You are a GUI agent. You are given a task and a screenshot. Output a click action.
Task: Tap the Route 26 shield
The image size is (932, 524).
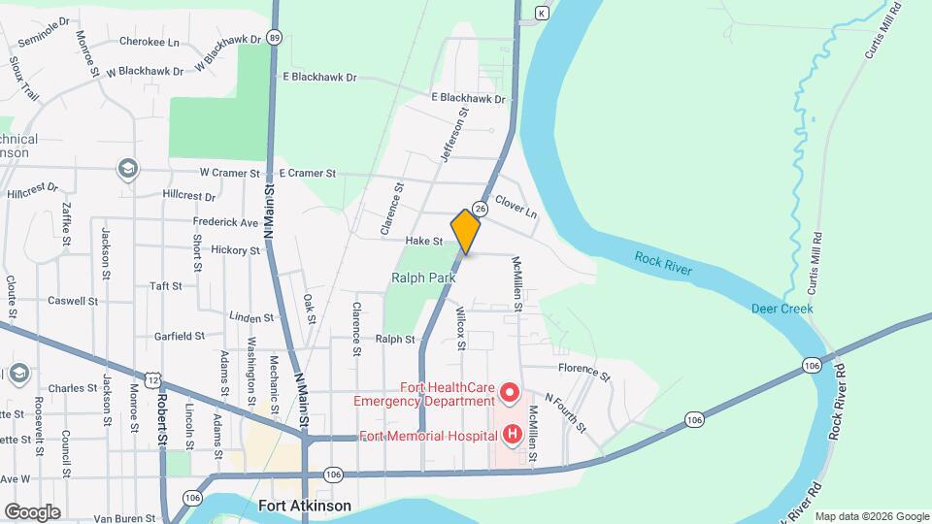click(480, 208)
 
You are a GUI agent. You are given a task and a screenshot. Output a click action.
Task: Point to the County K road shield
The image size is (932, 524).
click(542, 13)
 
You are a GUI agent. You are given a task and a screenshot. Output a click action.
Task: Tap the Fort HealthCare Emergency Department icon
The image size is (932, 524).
click(510, 394)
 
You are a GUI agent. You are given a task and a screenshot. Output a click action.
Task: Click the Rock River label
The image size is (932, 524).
click(664, 262)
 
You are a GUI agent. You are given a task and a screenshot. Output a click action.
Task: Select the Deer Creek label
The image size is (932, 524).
click(782, 309)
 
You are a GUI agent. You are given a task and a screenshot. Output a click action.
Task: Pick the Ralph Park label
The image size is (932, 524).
click(423, 278)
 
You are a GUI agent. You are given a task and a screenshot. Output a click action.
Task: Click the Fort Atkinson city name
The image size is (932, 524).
click(305, 506)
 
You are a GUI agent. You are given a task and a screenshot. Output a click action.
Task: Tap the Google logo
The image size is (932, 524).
click(32, 511)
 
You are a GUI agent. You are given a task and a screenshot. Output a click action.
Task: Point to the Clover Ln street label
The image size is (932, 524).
click(516, 205)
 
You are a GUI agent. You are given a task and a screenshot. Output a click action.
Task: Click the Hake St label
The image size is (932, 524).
click(424, 241)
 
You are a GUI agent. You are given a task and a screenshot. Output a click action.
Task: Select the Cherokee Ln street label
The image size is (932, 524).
click(150, 42)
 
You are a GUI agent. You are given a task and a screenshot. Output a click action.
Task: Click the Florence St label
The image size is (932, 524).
click(583, 370)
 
